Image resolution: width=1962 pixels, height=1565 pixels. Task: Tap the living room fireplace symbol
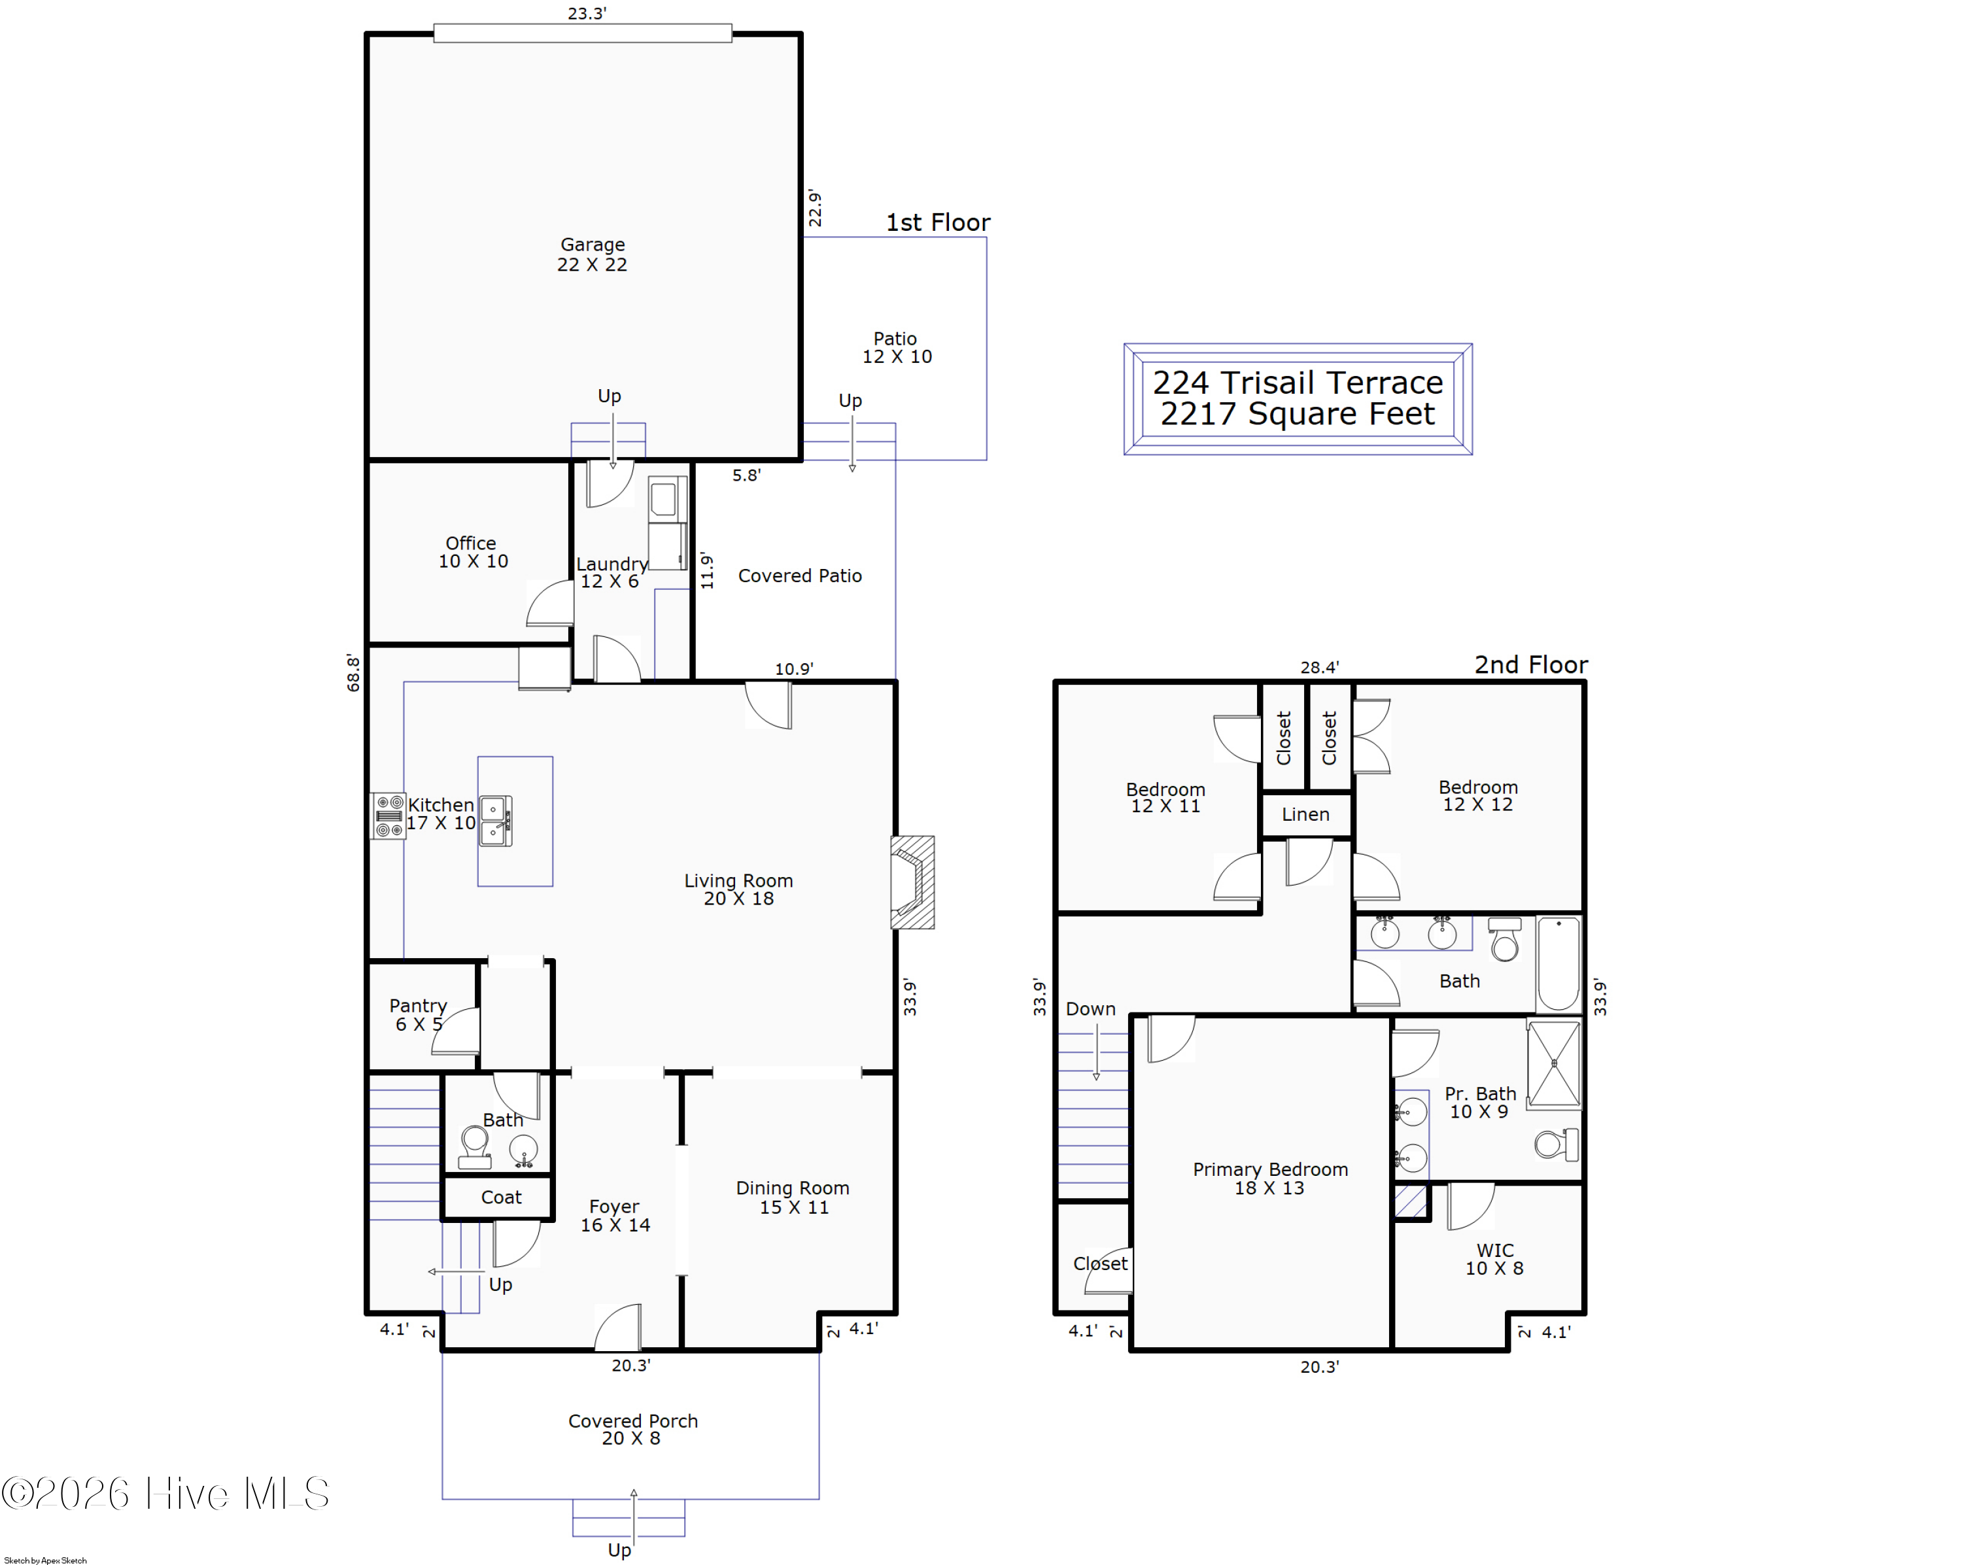coord(912,882)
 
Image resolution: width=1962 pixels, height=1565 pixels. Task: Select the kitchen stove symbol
coord(388,816)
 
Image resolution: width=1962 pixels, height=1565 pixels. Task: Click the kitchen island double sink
coord(495,821)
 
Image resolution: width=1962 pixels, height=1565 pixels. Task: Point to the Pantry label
coord(418,1014)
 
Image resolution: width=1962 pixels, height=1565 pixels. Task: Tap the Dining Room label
coord(793,1197)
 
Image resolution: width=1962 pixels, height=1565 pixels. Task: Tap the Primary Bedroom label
coord(1270,1178)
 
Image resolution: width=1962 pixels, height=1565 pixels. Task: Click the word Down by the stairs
coord(1090,1008)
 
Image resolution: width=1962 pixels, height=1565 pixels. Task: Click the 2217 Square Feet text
coord(1297,414)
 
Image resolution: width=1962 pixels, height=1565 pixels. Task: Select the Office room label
coord(472,551)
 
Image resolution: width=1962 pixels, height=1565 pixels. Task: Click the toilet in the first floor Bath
coord(474,1146)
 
